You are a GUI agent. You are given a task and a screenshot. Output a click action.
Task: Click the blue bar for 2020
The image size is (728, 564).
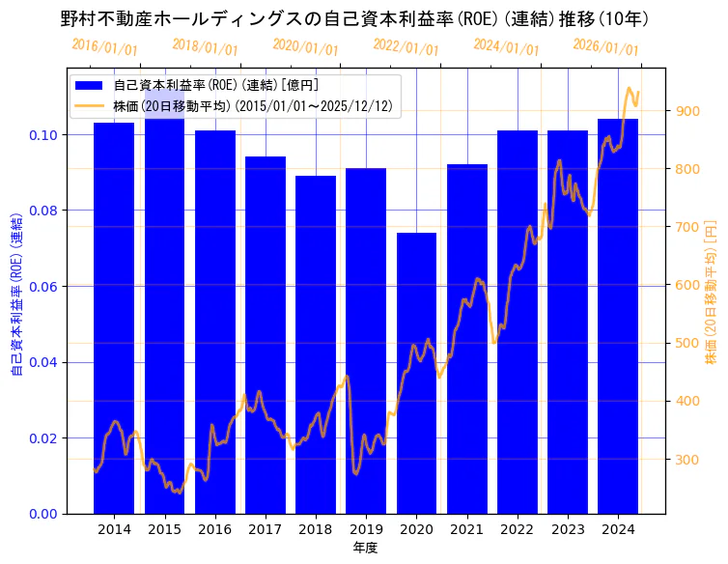coord(416,373)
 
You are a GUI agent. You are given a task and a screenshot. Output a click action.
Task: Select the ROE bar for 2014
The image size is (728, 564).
coord(114,318)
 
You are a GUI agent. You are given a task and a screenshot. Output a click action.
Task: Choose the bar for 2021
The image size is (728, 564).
coord(467,338)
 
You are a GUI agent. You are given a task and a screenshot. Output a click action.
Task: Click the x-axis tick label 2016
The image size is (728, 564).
coord(214,529)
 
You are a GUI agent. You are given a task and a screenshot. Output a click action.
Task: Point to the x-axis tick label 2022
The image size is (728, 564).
coord(518,529)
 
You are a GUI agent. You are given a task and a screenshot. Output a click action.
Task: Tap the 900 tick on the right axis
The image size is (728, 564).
coord(686,111)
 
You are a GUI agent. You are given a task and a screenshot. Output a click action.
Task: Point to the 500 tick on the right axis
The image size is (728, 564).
coord(686,343)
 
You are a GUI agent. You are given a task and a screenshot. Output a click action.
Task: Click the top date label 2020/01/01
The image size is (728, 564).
coord(305,46)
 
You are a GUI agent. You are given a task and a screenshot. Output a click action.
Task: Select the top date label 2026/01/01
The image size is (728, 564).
coord(605,46)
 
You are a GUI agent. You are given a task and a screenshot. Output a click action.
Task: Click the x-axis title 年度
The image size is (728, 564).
coord(365,548)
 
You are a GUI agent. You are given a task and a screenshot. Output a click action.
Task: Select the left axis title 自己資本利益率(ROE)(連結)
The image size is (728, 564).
coord(16,291)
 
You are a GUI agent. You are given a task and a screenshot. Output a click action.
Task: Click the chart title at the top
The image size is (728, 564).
coord(354,18)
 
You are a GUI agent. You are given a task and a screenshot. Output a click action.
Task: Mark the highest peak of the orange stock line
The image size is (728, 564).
coord(630,88)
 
